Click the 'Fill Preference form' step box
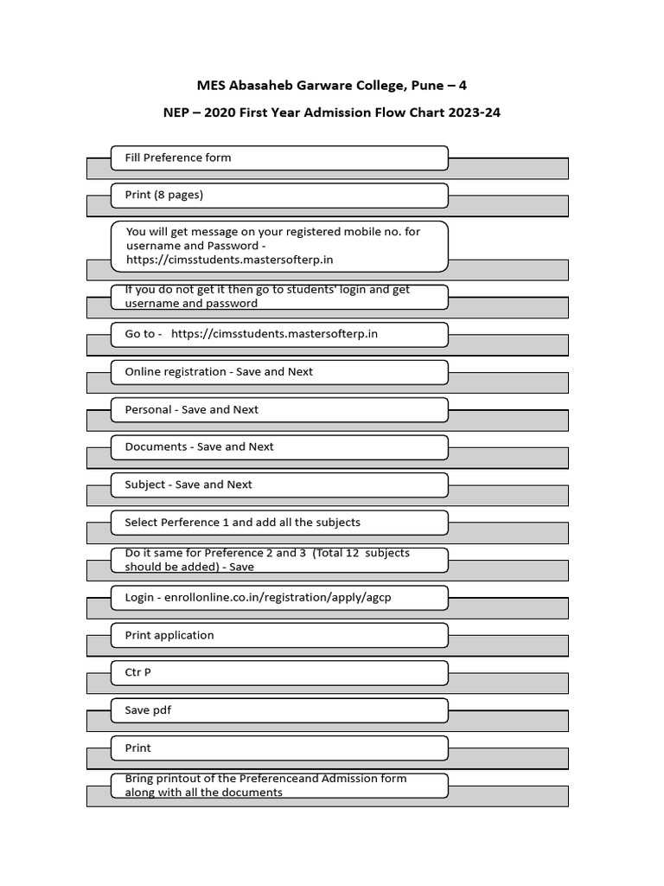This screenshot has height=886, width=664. (x=278, y=157)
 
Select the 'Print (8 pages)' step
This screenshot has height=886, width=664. (x=278, y=195)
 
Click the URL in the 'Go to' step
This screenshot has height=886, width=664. (x=274, y=334)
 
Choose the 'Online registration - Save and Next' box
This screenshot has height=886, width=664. (x=278, y=372)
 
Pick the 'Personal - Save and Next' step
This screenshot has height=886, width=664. (x=278, y=409)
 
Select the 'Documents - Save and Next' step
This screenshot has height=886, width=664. (x=278, y=446)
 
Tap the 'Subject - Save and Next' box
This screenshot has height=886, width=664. (x=278, y=485)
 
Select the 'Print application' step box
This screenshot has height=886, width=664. (x=278, y=635)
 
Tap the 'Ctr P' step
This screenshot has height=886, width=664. (x=278, y=672)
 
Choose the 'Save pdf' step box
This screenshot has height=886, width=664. (x=278, y=710)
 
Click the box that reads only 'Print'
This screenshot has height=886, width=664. (x=278, y=748)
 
